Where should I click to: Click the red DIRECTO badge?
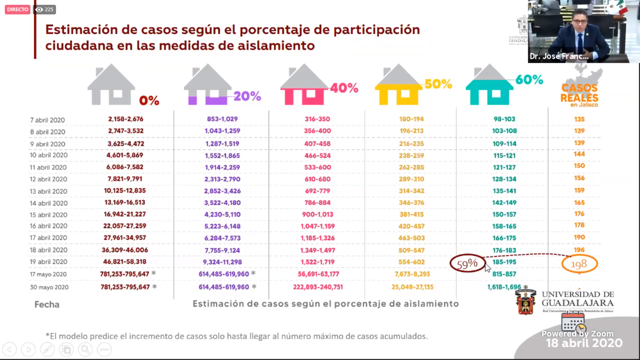(x=18, y=9)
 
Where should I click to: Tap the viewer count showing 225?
(x=44, y=9)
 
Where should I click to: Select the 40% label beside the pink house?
(x=344, y=88)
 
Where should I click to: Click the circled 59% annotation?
(x=467, y=264)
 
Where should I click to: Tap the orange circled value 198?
(x=579, y=264)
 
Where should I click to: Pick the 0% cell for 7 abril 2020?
(x=126, y=119)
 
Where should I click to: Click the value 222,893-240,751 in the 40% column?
(x=318, y=287)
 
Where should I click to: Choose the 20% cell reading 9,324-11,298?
(x=222, y=262)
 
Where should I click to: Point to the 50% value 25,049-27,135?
(x=412, y=287)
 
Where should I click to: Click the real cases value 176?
(x=579, y=214)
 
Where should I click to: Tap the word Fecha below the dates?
(x=47, y=304)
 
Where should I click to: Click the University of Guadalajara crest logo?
(x=526, y=302)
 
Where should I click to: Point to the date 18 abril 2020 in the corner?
(x=584, y=343)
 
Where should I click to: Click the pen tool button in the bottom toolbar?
(x=47, y=349)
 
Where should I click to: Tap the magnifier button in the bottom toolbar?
(x=85, y=349)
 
